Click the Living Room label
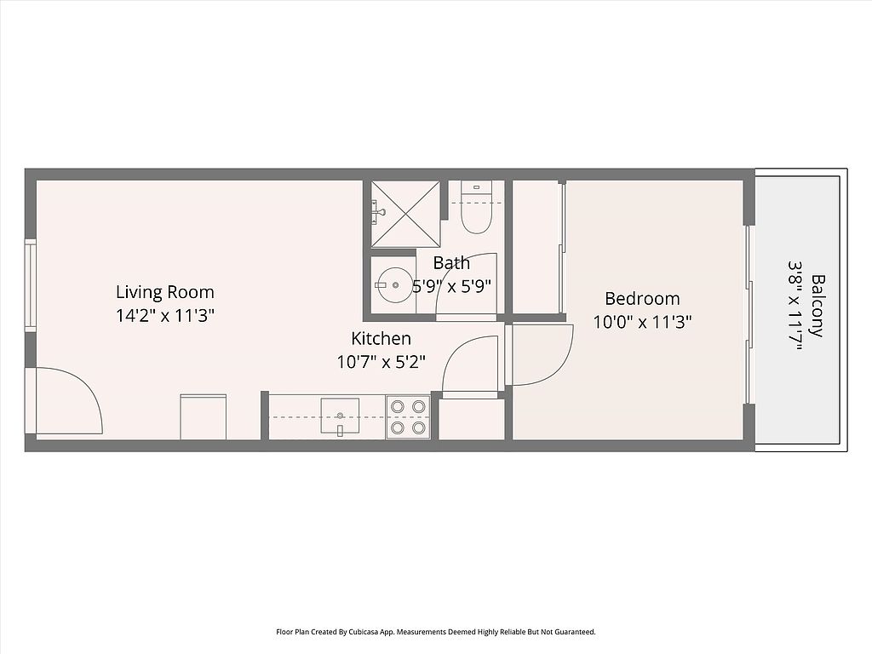(164, 292)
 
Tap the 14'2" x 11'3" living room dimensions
(165, 316)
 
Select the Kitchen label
(381, 338)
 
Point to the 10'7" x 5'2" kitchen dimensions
(381, 362)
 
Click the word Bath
(451, 262)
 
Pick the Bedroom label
(642, 299)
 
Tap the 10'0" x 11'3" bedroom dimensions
(642, 322)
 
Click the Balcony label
(817, 306)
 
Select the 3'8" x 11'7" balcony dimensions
(795, 306)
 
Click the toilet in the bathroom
(477, 208)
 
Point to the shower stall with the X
(405, 214)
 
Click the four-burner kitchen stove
(408, 417)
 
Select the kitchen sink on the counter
(340, 416)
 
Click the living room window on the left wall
(30, 285)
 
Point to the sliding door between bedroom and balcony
(749, 314)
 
